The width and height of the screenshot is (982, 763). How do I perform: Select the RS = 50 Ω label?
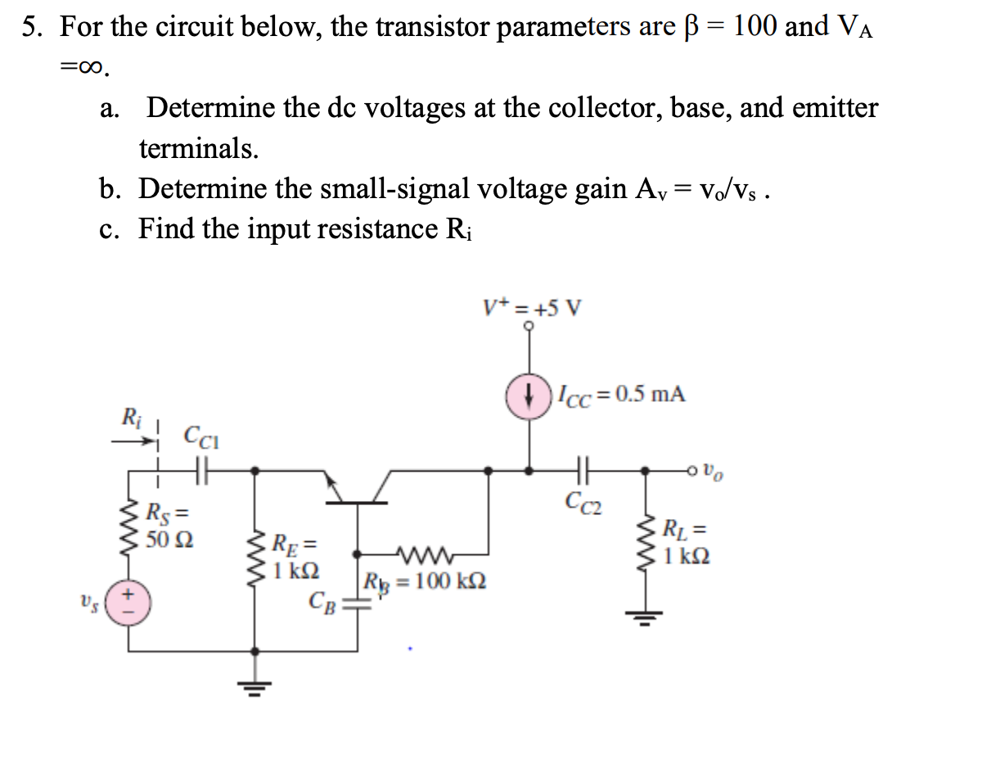tap(169, 527)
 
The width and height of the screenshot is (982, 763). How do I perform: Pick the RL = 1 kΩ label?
tap(687, 542)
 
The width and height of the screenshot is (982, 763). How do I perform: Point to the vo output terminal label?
tap(714, 472)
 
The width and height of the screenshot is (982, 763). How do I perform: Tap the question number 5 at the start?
tap(30, 27)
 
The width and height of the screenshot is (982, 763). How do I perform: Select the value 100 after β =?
tap(755, 27)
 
